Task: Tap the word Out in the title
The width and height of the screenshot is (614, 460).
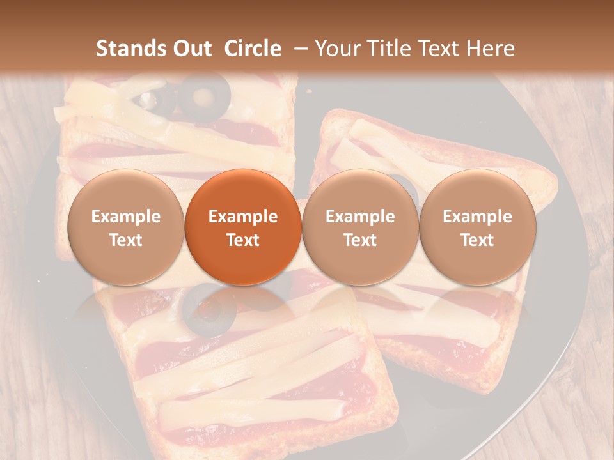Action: point(192,49)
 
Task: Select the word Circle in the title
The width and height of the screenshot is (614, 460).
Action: point(253,49)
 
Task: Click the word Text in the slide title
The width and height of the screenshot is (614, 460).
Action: point(440,49)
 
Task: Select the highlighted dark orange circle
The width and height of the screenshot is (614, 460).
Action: point(243,227)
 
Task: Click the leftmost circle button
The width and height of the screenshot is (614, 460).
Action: point(125,227)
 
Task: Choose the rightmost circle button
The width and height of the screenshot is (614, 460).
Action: point(477,227)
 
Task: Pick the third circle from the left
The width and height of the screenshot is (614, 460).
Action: point(360,227)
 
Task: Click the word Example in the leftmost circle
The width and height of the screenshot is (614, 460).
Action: point(125,217)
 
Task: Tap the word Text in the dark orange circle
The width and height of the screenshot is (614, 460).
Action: point(243,240)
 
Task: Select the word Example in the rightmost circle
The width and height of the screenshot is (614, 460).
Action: point(477,217)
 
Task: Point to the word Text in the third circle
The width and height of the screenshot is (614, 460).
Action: point(360,240)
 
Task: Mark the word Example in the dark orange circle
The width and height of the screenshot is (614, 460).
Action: point(243,217)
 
